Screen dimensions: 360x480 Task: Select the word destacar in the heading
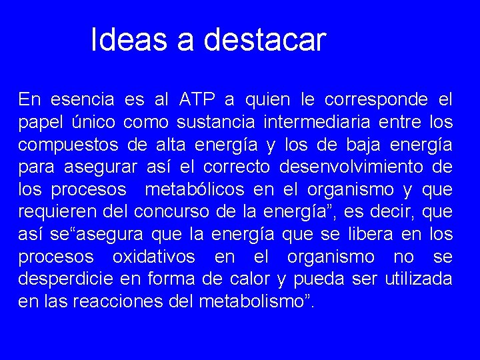point(265,40)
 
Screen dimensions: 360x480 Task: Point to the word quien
point(267,101)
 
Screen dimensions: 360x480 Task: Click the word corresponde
point(376,101)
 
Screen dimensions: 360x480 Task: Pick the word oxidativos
point(154,257)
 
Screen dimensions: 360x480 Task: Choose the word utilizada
point(419,279)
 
